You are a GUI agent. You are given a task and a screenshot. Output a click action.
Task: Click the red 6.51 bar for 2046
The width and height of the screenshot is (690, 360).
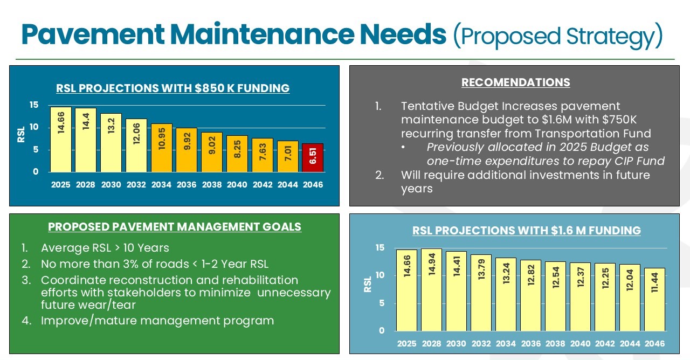pos(313,157)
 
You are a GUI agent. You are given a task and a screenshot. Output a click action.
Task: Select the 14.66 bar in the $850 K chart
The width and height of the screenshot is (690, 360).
pos(61,139)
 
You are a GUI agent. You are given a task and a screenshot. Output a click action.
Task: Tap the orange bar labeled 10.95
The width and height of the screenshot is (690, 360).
pos(161,148)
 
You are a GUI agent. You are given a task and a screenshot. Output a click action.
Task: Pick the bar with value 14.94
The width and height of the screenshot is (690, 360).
pos(431,289)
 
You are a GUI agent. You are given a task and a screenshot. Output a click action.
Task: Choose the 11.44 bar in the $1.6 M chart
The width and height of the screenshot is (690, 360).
pos(654,299)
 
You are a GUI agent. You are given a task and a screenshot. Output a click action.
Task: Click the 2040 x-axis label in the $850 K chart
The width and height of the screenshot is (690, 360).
pos(237,185)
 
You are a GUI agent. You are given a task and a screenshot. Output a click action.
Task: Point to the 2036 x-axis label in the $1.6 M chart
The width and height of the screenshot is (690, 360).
pos(530,343)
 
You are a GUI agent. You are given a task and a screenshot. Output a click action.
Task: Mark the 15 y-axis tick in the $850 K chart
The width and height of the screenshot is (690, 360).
pos(34,105)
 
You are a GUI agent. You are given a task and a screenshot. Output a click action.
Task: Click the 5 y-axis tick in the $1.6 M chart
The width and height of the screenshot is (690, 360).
pos(382,303)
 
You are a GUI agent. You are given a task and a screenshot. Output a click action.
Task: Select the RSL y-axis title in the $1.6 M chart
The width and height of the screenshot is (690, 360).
pos(368,285)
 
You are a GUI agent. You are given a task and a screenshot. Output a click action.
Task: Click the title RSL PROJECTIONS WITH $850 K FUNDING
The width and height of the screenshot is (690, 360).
pos(172,88)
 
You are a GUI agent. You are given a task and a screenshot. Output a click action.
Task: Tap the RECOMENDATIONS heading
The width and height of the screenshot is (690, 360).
pos(515,82)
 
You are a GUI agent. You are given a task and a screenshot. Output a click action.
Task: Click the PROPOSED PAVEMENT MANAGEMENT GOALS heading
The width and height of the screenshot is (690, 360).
pos(175,227)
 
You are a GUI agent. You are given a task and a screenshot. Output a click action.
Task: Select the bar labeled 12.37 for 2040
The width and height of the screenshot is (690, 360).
pos(580,297)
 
